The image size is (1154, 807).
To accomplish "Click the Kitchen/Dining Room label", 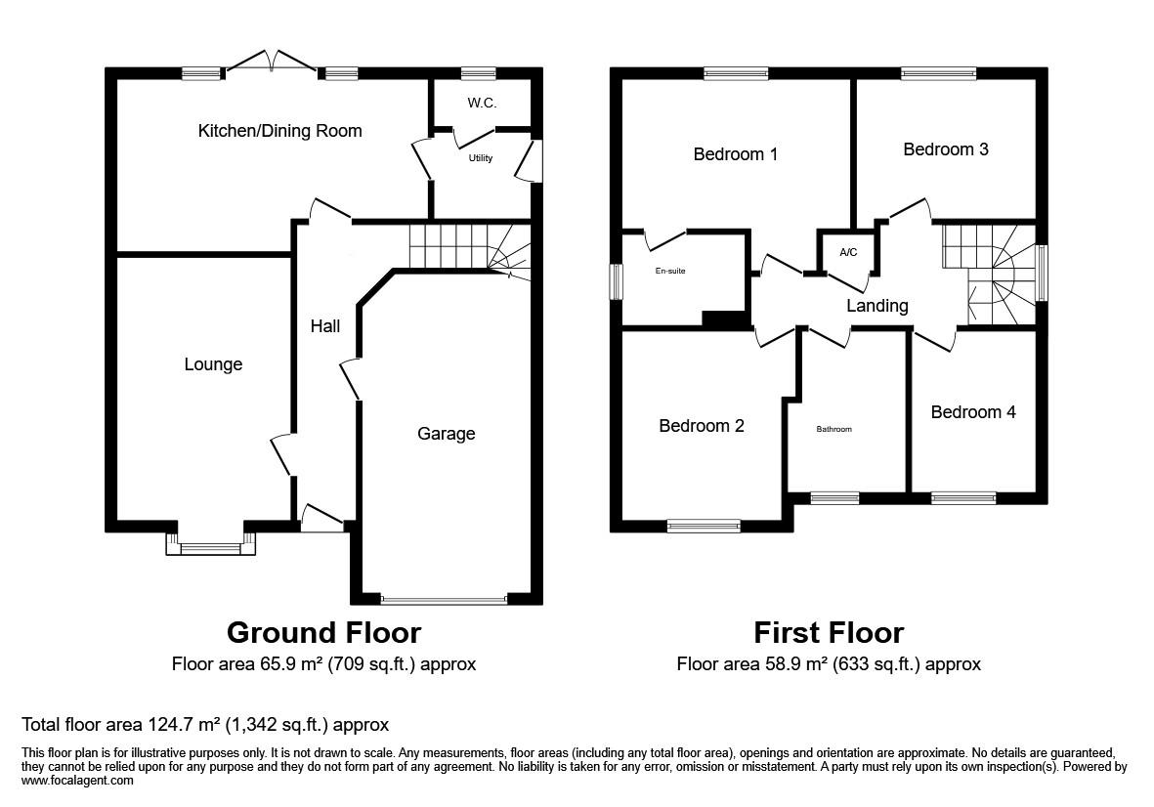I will (x=279, y=131).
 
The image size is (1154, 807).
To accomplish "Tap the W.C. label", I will (x=481, y=103).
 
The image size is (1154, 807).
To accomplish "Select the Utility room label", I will (x=481, y=158).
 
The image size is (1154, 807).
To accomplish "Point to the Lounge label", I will (x=213, y=364).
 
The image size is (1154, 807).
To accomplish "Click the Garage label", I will (x=446, y=434).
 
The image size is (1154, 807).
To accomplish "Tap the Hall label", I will (x=325, y=326).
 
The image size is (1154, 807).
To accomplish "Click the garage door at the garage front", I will (x=444, y=599).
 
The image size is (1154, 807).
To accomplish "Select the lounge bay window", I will (x=211, y=547).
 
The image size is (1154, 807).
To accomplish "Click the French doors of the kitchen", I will (x=271, y=63).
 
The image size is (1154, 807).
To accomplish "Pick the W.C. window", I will (x=478, y=72).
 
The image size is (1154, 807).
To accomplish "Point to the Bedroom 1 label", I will (x=736, y=154).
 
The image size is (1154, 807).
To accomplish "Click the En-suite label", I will (x=670, y=272).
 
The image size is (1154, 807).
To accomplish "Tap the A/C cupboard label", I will (x=848, y=253).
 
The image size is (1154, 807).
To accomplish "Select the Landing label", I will (x=876, y=306).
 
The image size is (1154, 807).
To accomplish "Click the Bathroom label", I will (x=834, y=429).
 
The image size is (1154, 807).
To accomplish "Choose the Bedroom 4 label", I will (x=972, y=412).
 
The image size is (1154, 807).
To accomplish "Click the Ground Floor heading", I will (x=323, y=633).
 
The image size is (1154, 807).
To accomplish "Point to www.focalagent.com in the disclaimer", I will (x=77, y=782).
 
